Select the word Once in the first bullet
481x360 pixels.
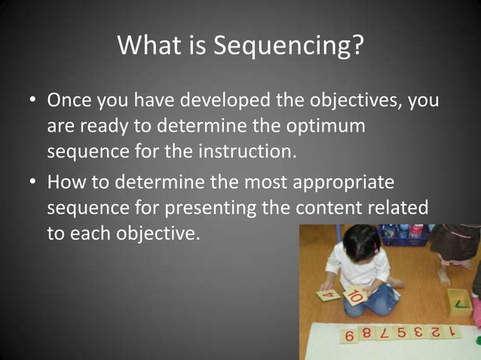coord(71,100)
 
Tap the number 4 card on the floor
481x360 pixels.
coord(328,294)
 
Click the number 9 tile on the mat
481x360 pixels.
coord(350,336)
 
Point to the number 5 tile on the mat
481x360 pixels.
coord(402,333)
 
